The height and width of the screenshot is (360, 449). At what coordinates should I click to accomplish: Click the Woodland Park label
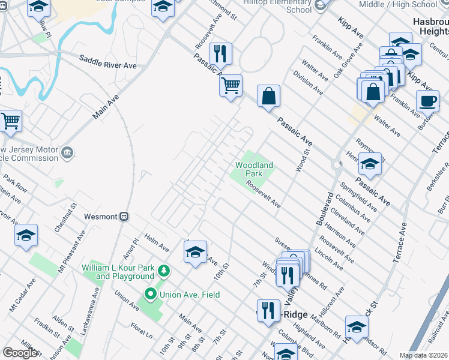(254, 169)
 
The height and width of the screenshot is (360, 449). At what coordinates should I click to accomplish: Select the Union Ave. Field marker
(149, 295)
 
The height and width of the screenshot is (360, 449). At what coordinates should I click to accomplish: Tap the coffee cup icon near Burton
(427, 101)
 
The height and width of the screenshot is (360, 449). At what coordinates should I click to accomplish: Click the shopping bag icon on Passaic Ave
(268, 96)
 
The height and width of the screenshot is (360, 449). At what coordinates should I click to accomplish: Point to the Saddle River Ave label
(108, 61)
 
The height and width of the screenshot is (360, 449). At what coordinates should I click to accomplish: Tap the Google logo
(20, 353)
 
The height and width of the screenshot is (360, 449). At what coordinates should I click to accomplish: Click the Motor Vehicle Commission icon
(67, 152)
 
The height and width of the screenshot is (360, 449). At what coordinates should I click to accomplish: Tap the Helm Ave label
(157, 241)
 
